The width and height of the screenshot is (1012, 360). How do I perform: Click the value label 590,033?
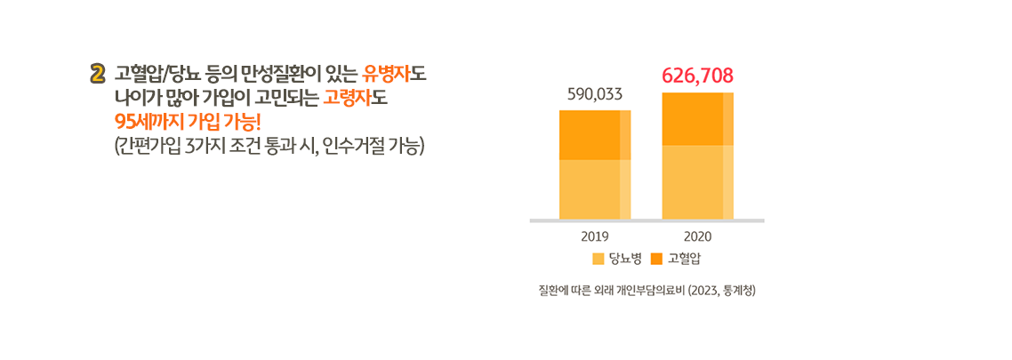coord(595,93)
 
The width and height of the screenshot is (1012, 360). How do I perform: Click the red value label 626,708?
coord(697,76)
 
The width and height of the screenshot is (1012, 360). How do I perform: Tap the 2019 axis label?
coord(594,236)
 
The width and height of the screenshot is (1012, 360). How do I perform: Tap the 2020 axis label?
coord(697,236)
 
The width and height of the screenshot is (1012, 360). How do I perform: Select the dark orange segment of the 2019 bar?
coord(594,135)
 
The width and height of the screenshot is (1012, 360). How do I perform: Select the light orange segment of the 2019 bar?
coord(594,188)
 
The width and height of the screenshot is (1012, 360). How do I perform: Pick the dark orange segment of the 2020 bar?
coord(697,118)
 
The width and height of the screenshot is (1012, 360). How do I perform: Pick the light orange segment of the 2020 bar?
coord(697,181)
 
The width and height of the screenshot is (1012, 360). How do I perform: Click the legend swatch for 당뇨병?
coord(598,259)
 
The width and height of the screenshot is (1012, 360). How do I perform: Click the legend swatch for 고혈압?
coord(657,259)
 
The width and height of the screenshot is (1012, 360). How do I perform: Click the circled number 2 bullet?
coord(98,73)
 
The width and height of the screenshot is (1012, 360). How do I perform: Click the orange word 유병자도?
coord(395,73)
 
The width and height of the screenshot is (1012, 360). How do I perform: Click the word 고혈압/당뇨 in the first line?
coord(155,73)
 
